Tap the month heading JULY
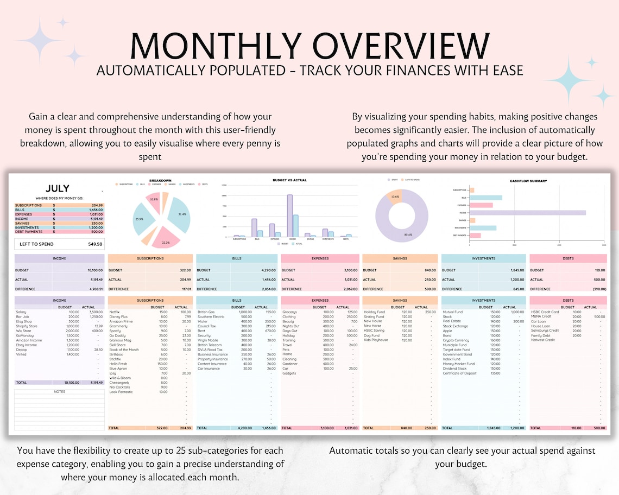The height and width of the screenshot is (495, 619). tap(58, 189)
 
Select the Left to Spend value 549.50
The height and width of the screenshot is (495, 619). tap(95, 244)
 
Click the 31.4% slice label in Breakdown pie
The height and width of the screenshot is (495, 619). tap(181, 214)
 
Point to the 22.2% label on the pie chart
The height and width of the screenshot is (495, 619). tap(166, 243)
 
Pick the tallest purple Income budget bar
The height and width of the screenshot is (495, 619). tap(290, 215)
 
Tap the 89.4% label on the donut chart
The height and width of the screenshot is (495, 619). tap(408, 235)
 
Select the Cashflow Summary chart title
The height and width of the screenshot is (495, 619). tap(528, 181)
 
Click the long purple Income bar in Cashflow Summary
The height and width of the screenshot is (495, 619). tap(527, 213)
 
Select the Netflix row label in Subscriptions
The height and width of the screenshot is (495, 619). tap(115, 312)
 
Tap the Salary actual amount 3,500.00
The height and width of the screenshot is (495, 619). tap(96, 312)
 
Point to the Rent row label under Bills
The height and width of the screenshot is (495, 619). tap(201, 331)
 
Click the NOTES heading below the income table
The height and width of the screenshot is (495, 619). tap(60, 391)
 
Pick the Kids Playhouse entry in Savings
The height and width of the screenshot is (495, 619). tap(376, 340)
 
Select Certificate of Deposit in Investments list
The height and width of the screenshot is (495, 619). tap(460, 373)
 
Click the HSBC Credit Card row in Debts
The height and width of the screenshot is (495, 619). tap(545, 312)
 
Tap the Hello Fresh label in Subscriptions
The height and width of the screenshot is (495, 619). tap(118, 364)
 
